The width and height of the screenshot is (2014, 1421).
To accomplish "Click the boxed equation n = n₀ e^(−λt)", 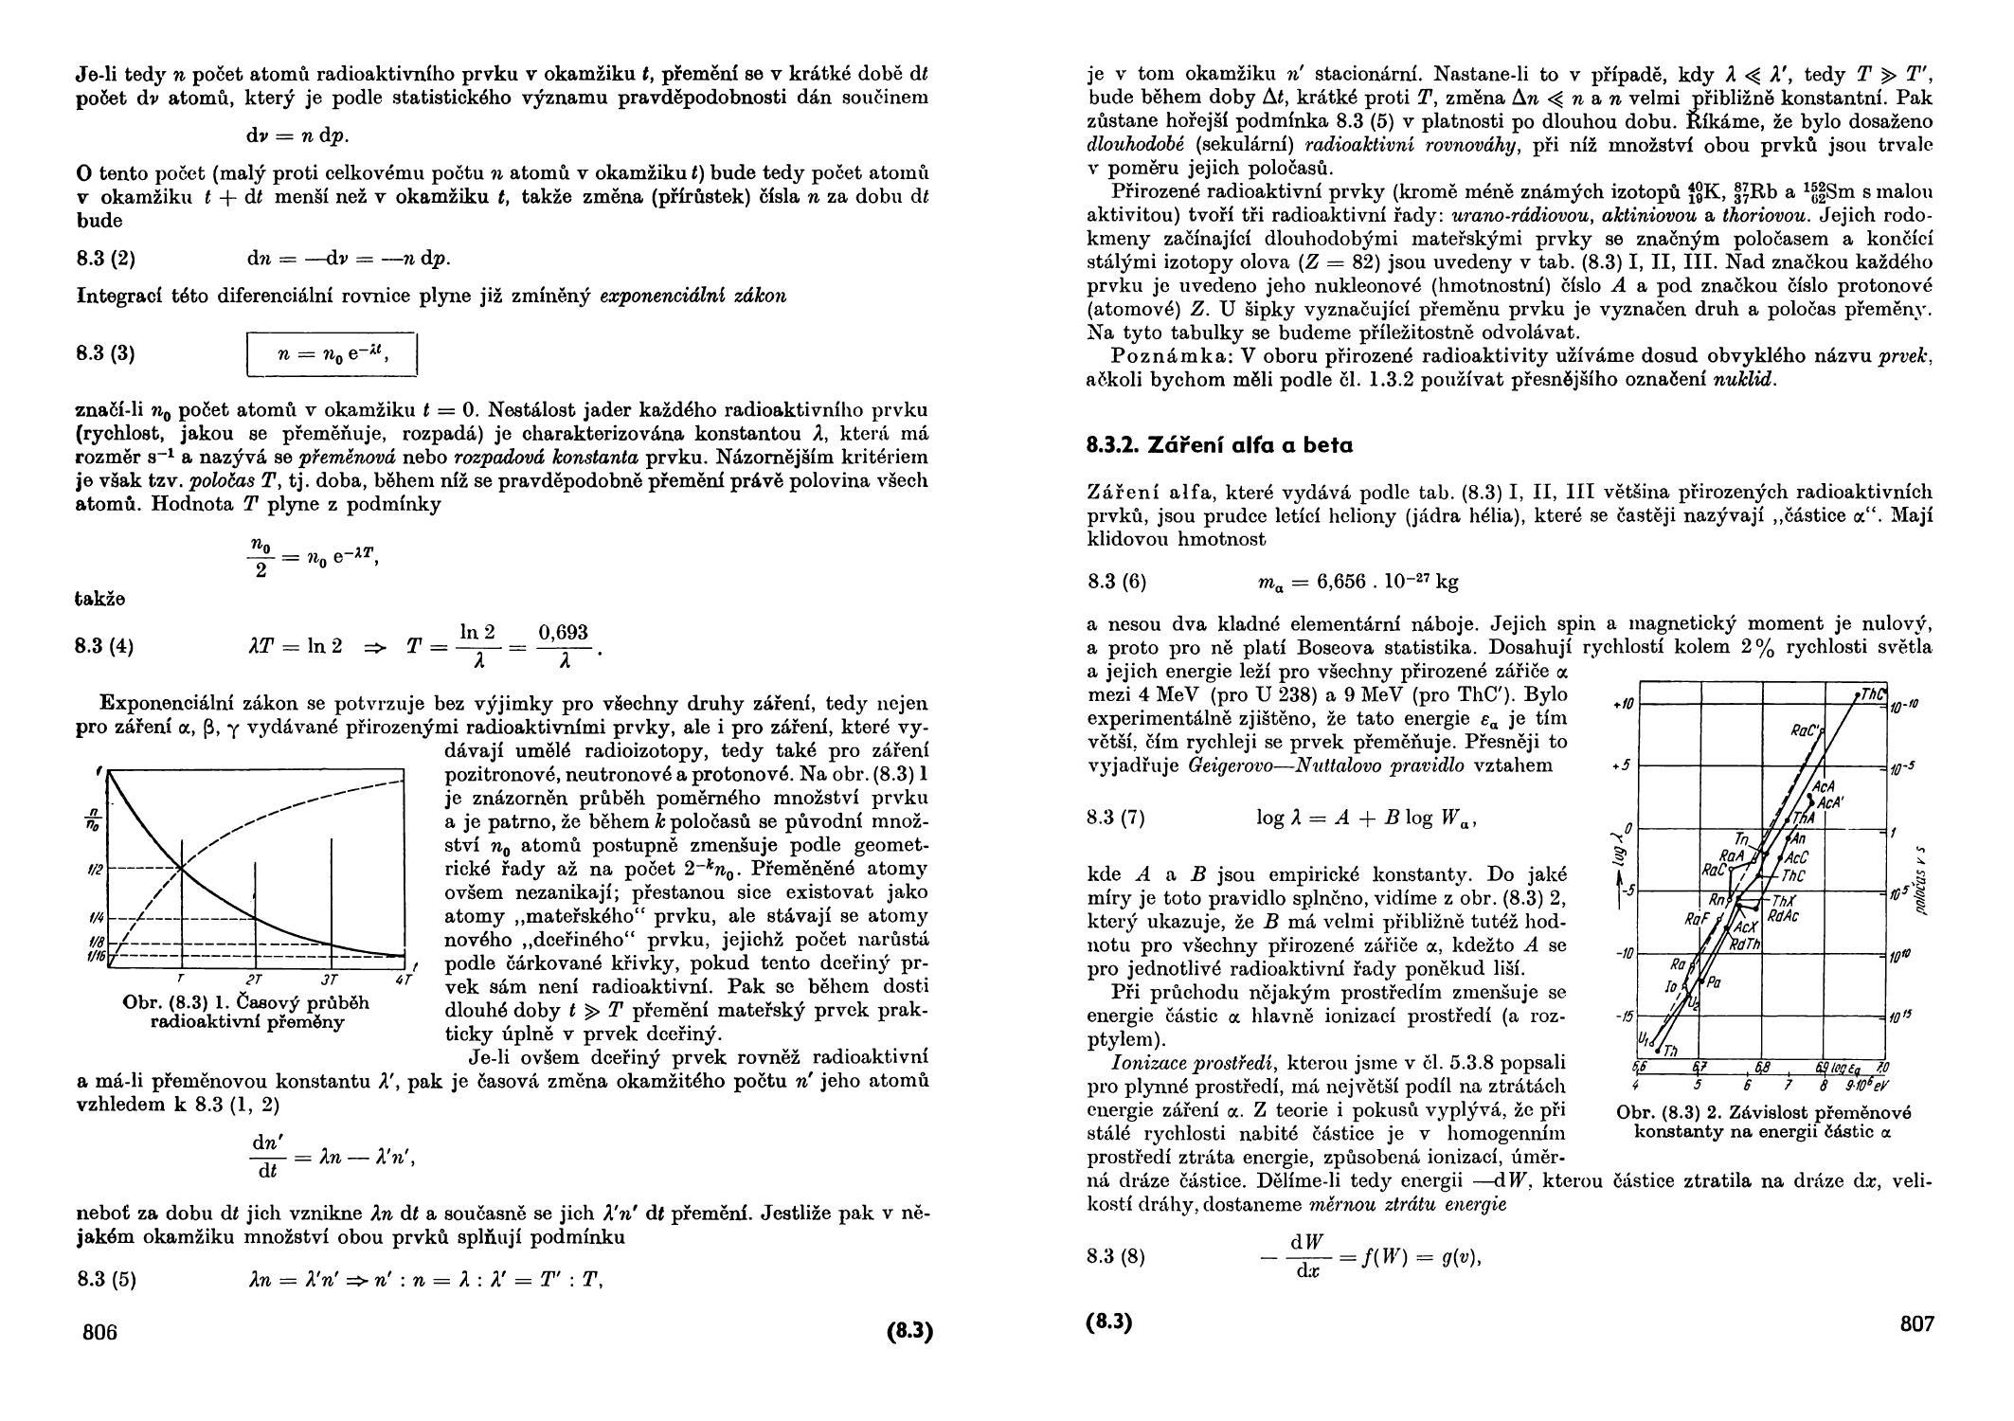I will click(x=332, y=354).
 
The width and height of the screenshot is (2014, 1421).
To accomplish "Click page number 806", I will click(x=99, y=1332).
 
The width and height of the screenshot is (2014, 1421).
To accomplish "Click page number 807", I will click(x=1916, y=1323).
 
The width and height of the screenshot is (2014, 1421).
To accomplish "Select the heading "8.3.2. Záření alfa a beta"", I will click(x=1220, y=445).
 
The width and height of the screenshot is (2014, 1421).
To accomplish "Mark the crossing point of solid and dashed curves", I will click(x=181, y=868).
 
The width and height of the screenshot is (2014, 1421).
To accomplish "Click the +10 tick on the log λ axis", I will click(x=1619, y=704).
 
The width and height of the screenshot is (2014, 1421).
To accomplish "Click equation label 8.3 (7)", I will click(x=1116, y=818).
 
